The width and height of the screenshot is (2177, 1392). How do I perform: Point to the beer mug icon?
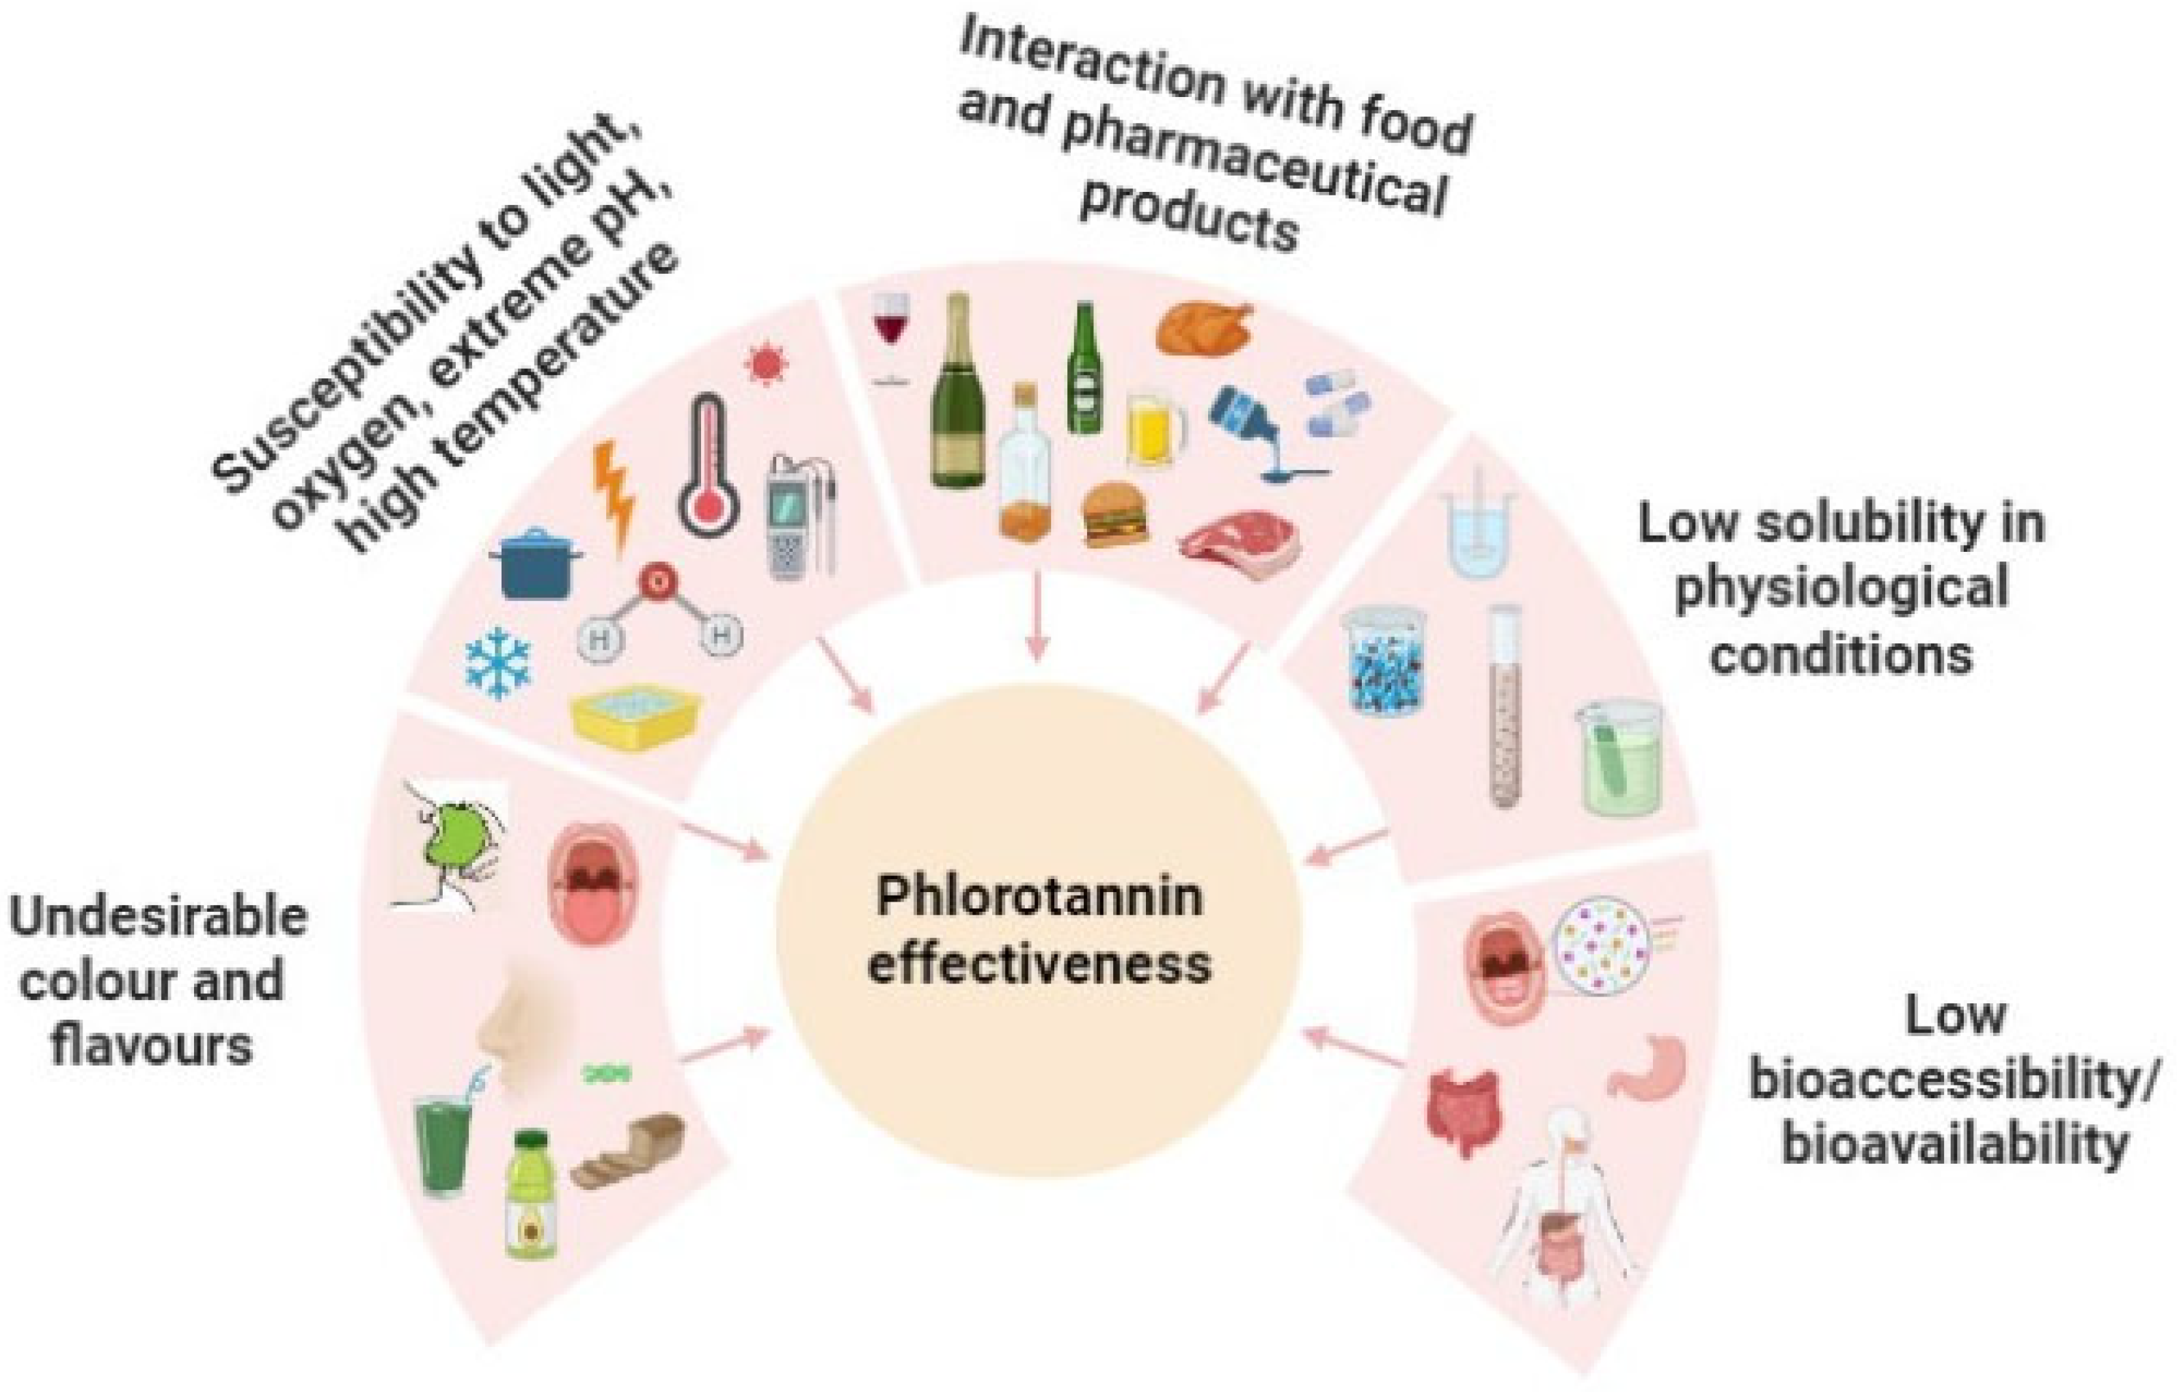(1155, 432)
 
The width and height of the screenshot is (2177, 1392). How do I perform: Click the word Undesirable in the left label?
(159, 917)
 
